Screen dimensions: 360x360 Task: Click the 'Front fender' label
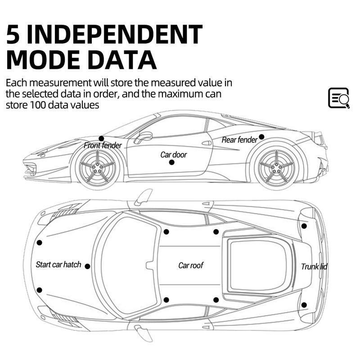[103, 145]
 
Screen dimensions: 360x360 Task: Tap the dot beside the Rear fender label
[261, 137]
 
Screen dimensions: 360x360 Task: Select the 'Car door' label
[174, 155]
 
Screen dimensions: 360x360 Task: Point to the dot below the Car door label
[171, 162]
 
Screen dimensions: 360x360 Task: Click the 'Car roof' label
[190, 265]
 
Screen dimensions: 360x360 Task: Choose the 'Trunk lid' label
[314, 267]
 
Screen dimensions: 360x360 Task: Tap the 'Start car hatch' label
[58, 265]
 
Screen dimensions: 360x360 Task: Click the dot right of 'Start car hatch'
[87, 266]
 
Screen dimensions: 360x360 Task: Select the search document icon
[339, 98]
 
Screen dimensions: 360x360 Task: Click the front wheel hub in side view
[97, 167]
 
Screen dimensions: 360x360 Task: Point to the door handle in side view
[207, 143]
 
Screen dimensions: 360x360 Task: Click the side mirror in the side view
[144, 137]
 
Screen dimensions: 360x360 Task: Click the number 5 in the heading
[13, 34]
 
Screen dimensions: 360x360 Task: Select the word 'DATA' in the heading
[122, 60]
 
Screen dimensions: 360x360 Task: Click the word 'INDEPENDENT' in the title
[114, 34]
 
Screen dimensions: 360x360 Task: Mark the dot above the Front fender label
[102, 139]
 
